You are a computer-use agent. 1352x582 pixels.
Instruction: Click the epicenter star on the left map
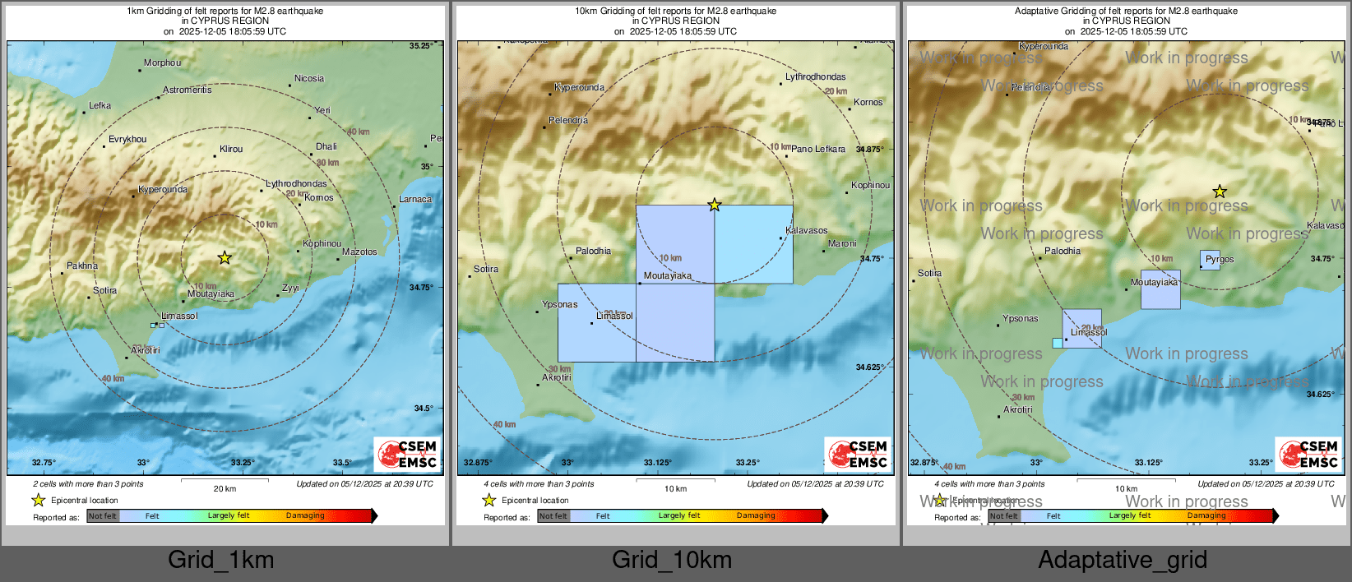click(225, 258)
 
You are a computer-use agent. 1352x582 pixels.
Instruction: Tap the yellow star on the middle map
click(715, 205)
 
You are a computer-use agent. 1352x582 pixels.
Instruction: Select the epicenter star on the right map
click(1220, 192)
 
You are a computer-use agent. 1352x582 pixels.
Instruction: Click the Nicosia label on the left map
click(308, 79)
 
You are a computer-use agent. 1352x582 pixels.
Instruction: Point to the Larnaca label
click(415, 200)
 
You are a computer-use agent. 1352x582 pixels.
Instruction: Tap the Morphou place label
click(162, 63)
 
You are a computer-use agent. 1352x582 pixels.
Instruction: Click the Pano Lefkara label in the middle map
click(818, 150)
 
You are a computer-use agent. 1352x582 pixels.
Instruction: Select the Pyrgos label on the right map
click(1220, 259)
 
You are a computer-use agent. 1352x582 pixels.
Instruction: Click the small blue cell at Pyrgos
click(1210, 261)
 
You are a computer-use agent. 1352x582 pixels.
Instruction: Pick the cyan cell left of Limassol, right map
click(1057, 343)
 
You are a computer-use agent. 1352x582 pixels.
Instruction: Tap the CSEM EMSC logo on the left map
click(407, 454)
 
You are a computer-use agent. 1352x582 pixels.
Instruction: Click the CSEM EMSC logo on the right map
click(1308, 454)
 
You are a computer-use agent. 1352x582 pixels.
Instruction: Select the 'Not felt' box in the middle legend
click(553, 516)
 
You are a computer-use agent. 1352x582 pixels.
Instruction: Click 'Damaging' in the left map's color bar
click(305, 516)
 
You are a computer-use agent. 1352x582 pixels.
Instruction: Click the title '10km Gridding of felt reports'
click(675, 12)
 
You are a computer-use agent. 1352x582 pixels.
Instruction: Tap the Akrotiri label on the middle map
click(556, 378)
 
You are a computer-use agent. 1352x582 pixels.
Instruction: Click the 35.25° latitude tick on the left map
click(421, 46)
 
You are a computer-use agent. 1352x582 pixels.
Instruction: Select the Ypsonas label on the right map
click(1020, 319)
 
